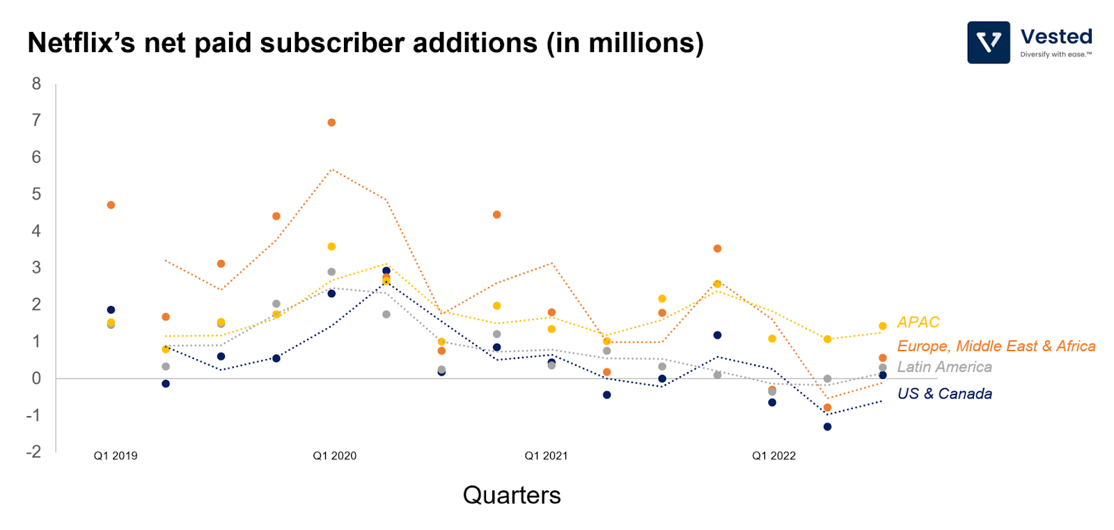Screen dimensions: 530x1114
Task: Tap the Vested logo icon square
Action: tap(988, 42)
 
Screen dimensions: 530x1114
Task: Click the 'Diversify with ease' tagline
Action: tap(1056, 54)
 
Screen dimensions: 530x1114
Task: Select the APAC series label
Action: tap(918, 322)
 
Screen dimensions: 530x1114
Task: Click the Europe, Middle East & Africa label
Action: tap(996, 346)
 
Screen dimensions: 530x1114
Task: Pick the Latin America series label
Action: tap(944, 367)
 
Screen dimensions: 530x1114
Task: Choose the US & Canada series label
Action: tap(944, 394)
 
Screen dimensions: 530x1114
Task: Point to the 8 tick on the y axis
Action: tap(36, 84)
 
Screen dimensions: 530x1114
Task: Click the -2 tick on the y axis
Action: tap(33, 452)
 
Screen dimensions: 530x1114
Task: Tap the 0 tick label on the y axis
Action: tap(36, 378)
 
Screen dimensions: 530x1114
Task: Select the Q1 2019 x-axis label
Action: tap(116, 456)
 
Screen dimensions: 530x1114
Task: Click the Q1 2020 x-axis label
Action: tap(334, 456)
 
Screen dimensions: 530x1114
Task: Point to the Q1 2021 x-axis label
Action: tap(546, 456)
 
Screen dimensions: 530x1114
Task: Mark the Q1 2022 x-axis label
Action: tap(774, 456)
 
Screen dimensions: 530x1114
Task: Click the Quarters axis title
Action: tap(512, 495)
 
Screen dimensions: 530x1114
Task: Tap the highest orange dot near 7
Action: tap(331, 122)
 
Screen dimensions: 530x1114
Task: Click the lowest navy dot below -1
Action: tap(827, 426)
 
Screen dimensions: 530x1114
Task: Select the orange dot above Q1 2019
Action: tap(111, 205)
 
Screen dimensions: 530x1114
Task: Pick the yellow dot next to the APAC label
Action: tap(882, 326)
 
